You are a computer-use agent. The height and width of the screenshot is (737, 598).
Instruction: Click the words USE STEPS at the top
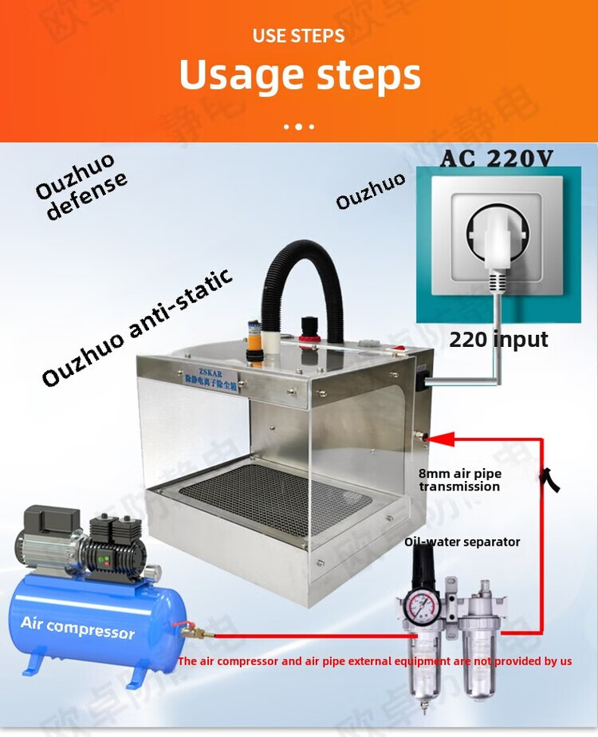299,36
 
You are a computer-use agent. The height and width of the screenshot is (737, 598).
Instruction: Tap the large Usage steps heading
299,76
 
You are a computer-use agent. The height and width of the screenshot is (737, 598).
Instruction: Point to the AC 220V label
496,158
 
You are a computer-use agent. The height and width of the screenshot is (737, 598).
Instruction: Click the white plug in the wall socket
495,239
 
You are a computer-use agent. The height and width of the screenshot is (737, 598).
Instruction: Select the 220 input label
498,339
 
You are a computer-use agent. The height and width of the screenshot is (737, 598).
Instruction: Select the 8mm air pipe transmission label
460,480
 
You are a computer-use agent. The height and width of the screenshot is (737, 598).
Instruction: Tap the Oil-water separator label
462,542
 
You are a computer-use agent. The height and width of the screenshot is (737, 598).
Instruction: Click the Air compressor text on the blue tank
78,628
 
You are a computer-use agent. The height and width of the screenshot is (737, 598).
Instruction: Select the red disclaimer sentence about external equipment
375,661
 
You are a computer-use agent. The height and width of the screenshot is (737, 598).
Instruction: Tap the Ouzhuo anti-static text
137,327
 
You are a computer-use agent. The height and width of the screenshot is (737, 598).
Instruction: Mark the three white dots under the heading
299,126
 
